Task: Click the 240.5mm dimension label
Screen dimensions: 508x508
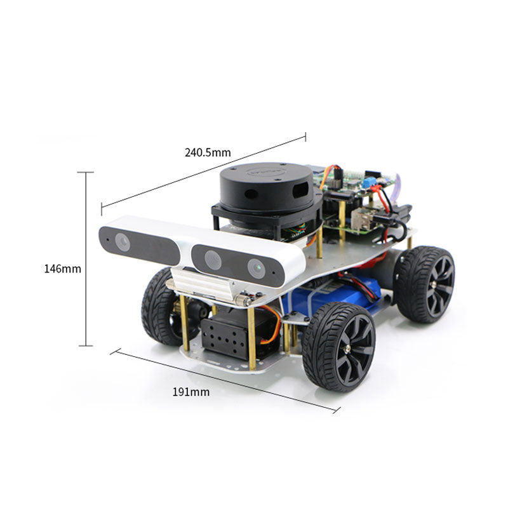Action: click(x=208, y=152)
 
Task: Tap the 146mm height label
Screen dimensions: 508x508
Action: click(x=62, y=269)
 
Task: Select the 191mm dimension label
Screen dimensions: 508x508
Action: click(x=191, y=392)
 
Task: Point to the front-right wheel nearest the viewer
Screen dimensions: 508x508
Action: click(x=338, y=347)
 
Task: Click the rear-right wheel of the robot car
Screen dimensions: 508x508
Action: click(x=424, y=284)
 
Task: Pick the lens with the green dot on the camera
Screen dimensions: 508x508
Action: click(x=257, y=268)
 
